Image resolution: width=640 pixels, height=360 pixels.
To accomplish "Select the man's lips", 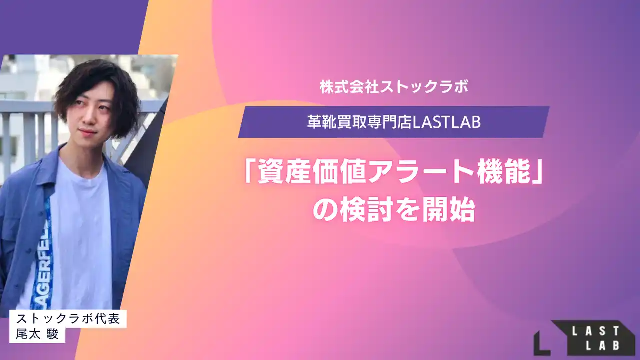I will (x=88, y=132).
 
